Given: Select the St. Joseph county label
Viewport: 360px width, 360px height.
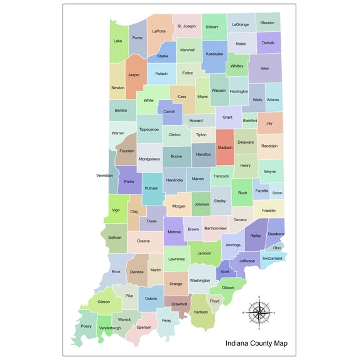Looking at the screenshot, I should tap(186, 26).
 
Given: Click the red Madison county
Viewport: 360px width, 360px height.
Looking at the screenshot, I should tap(225, 147).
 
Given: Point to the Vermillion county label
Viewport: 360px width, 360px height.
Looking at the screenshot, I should tap(105, 176).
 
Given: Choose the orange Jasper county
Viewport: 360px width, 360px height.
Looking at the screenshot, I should tap(134, 74).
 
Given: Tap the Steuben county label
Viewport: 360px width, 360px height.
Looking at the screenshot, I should tap(267, 22).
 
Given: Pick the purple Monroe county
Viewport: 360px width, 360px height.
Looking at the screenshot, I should tap(174, 231).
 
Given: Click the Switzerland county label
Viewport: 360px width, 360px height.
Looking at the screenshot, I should tap(272, 258).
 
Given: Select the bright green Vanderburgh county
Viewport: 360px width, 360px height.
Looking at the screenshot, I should tap(109, 327).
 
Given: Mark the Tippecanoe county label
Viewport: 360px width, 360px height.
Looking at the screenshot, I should tap(149, 129).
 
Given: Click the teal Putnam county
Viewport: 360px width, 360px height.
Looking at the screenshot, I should tap(151, 187).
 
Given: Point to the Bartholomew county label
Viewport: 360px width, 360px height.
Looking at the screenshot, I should tap(215, 228).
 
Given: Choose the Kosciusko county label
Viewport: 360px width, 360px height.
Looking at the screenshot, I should tap(214, 54).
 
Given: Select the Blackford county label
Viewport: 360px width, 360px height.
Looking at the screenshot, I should tap(250, 120).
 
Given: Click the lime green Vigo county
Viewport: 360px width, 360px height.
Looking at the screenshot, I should tap(116, 210).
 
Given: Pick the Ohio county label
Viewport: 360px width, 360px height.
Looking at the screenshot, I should tap(277, 248).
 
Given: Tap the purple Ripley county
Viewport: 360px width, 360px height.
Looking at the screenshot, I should tap(256, 236).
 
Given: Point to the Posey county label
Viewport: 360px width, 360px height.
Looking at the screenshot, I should tap(86, 326).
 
